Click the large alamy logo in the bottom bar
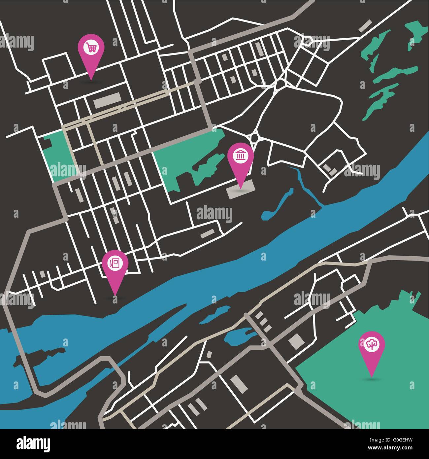point(33,443)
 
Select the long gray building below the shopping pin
point(107,100)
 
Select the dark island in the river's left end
point(40,355)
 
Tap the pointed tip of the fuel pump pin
point(115,295)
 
